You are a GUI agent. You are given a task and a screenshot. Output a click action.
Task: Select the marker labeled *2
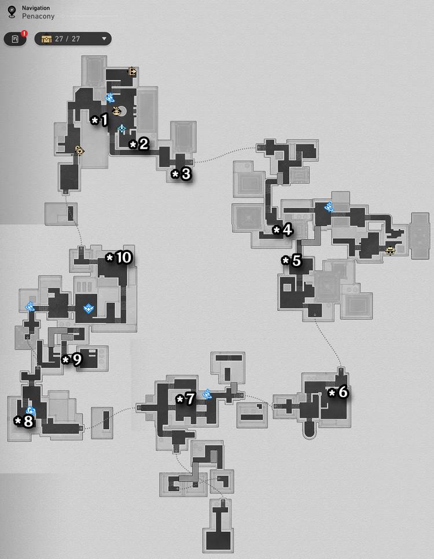[x=139, y=145]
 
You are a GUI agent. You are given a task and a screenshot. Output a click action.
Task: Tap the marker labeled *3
[x=181, y=174]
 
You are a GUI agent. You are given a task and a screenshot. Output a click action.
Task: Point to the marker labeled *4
[x=282, y=230]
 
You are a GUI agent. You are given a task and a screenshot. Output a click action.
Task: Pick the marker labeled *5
[x=292, y=261]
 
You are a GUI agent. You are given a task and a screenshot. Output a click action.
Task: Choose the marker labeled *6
[x=338, y=392]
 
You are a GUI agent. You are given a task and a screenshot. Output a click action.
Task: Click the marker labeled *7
[x=186, y=399]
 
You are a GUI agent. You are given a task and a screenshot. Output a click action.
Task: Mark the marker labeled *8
[x=24, y=421]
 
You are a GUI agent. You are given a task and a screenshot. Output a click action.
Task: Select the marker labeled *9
[x=72, y=360]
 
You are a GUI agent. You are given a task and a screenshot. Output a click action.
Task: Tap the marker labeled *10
[x=119, y=257]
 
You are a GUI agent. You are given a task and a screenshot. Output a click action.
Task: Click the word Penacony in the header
[x=38, y=16]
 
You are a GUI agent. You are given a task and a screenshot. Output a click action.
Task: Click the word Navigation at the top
[x=36, y=8]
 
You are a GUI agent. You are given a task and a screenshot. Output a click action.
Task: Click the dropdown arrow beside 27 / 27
[x=104, y=39]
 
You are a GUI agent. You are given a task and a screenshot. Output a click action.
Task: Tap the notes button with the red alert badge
[x=16, y=39]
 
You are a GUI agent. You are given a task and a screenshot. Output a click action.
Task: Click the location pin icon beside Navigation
[x=12, y=12]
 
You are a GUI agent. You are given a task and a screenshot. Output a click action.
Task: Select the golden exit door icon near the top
[x=133, y=72]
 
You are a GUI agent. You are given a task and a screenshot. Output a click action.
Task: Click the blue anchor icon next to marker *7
[x=207, y=394]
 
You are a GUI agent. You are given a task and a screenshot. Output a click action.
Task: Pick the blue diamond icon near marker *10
[x=88, y=308]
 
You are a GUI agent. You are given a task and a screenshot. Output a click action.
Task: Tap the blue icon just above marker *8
[x=31, y=411]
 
